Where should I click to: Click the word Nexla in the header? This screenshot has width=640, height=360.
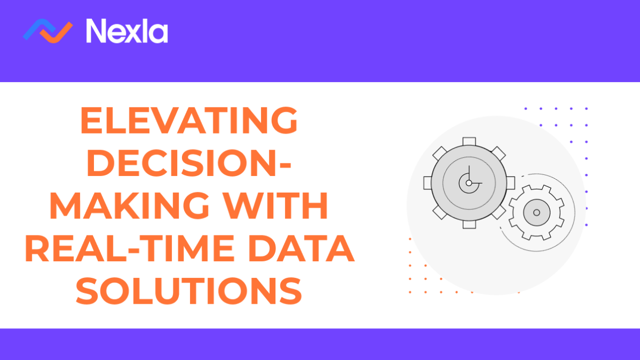tap(127, 31)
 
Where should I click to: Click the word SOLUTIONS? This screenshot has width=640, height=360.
tap(189, 292)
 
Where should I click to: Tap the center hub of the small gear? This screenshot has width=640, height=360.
tap(536, 212)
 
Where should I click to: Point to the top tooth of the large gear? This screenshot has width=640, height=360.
tap(469, 141)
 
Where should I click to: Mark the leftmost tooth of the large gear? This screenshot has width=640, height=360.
tap(427, 183)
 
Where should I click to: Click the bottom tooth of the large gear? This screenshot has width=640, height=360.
tap(469, 224)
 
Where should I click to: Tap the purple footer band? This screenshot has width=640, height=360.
tap(320, 344)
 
